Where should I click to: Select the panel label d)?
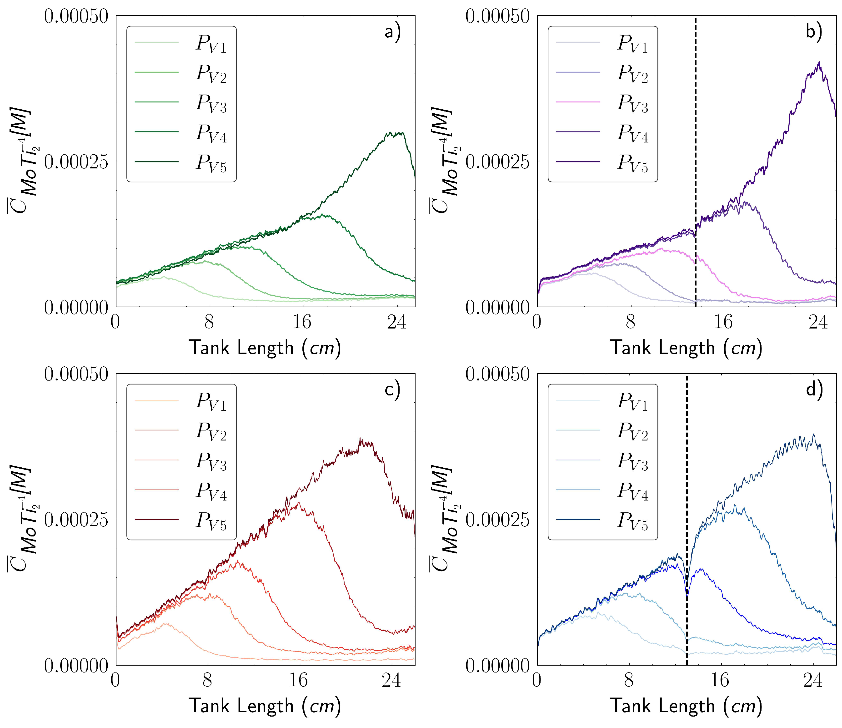pos(814,389)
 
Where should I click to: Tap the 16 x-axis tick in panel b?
pos(723,322)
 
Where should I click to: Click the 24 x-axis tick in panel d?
pos(813,680)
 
